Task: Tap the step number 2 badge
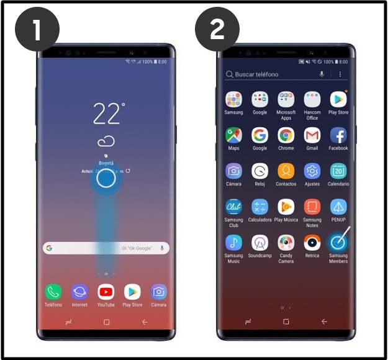tap(217, 30)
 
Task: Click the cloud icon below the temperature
tap(106, 140)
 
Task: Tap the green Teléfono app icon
tap(53, 292)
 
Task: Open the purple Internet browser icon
tap(79, 292)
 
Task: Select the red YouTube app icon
tap(106, 292)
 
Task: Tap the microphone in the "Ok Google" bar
tap(161, 248)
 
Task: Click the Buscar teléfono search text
tap(256, 74)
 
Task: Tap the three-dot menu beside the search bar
tap(340, 74)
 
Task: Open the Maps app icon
tap(233, 135)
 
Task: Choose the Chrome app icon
tap(286, 135)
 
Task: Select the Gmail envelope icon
tap(312, 135)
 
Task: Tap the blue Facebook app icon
tap(338, 135)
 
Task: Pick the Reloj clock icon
tap(259, 171)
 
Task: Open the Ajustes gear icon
tap(312, 171)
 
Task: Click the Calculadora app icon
tap(259, 207)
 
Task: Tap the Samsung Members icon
tap(338, 242)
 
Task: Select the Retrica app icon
tap(312, 242)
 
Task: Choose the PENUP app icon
tap(338, 207)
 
